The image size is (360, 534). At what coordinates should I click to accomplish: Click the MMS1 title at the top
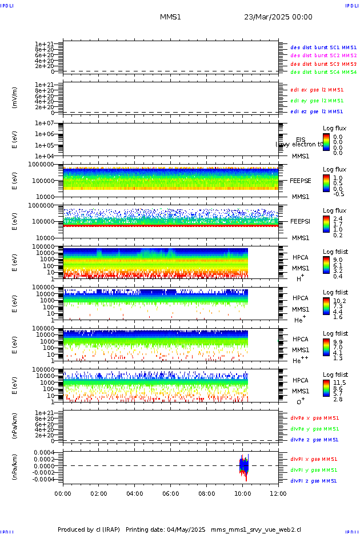pyautogui.click(x=170, y=17)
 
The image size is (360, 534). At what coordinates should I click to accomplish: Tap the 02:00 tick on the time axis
pyautogui.click(x=99, y=493)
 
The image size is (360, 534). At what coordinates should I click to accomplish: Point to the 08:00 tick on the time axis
pyautogui.click(x=206, y=493)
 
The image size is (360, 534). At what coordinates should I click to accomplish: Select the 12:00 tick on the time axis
pyautogui.click(x=278, y=493)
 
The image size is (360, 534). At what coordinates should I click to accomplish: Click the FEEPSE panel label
pyautogui.click(x=300, y=180)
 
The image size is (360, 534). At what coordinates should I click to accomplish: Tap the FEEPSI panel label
pyautogui.click(x=300, y=221)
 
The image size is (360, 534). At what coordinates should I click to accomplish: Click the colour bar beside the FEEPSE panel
pyautogui.click(x=326, y=183)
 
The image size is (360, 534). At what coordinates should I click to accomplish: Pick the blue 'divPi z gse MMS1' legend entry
pyautogui.click(x=313, y=481)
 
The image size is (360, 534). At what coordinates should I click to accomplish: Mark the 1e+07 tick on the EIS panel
pyautogui.click(x=44, y=123)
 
